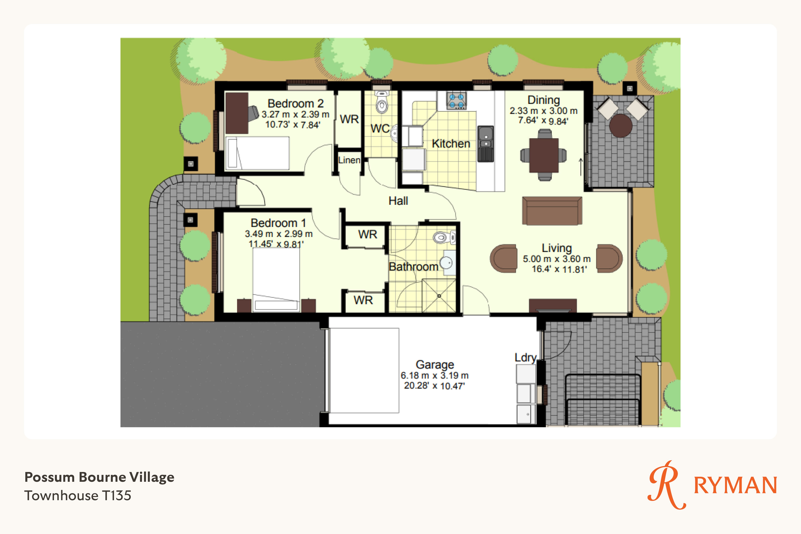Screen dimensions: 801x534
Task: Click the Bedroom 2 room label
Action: click(x=296, y=103)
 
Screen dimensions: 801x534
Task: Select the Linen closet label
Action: click(x=349, y=160)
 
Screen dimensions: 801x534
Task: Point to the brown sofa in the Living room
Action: click(x=552, y=211)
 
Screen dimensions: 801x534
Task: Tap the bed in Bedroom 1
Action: click(x=276, y=279)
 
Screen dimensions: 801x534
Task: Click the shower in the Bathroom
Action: click(x=439, y=296)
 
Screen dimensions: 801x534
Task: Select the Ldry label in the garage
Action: click(x=525, y=358)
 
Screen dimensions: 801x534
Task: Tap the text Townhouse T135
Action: click(x=78, y=496)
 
